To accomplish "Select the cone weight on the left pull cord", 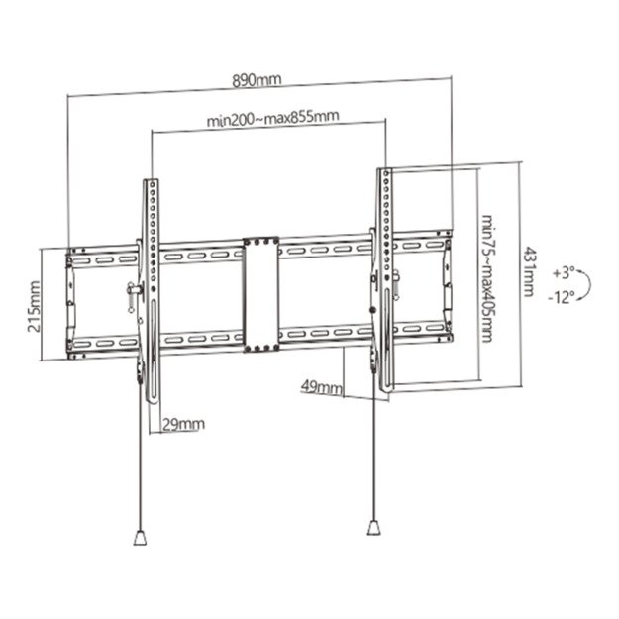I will click(139, 538).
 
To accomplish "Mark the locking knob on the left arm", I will click(132, 293).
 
